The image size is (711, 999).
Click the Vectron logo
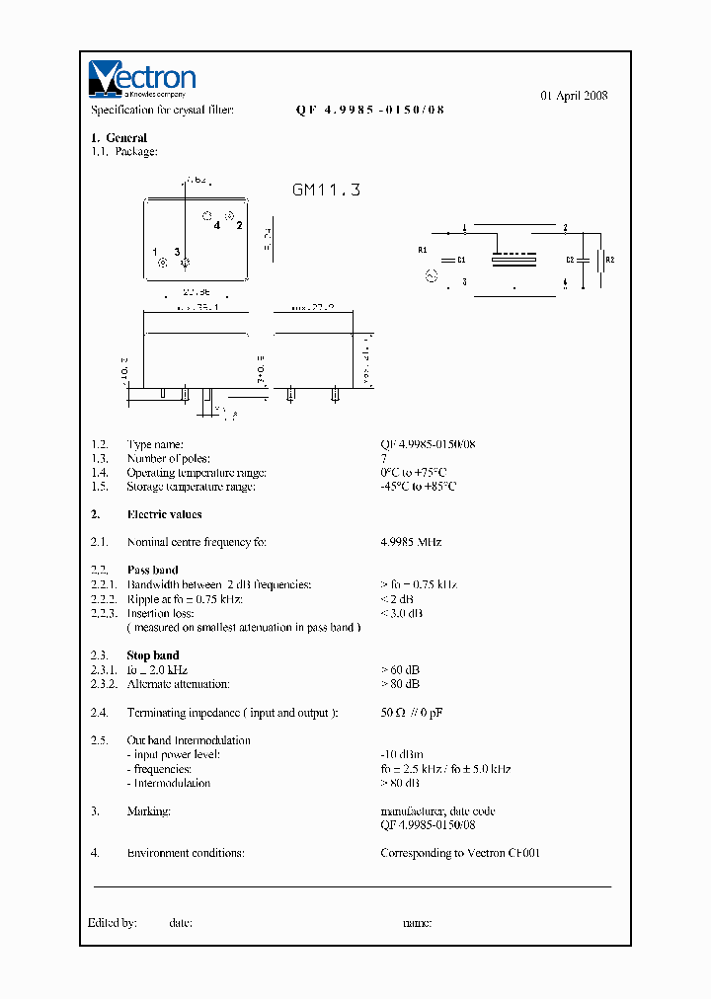tap(142, 79)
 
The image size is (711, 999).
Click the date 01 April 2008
tap(574, 96)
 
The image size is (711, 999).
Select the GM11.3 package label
tap(326, 190)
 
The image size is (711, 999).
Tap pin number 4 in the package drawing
tap(216, 225)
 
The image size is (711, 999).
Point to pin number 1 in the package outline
tap(155, 253)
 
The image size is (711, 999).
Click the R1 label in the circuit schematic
tap(423, 250)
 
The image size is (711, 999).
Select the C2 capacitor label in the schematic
tap(570, 260)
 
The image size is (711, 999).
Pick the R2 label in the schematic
tap(609, 260)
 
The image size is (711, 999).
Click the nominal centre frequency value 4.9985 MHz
tap(411, 542)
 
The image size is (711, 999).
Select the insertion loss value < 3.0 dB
tap(402, 613)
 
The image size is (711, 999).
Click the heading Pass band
tap(152, 570)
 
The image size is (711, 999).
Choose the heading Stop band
tap(152, 655)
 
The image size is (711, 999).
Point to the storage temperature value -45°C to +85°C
tap(419, 487)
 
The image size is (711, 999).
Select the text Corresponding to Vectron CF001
tap(460, 853)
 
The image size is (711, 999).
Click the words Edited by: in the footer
tap(112, 923)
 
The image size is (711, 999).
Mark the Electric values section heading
tap(164, 514)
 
